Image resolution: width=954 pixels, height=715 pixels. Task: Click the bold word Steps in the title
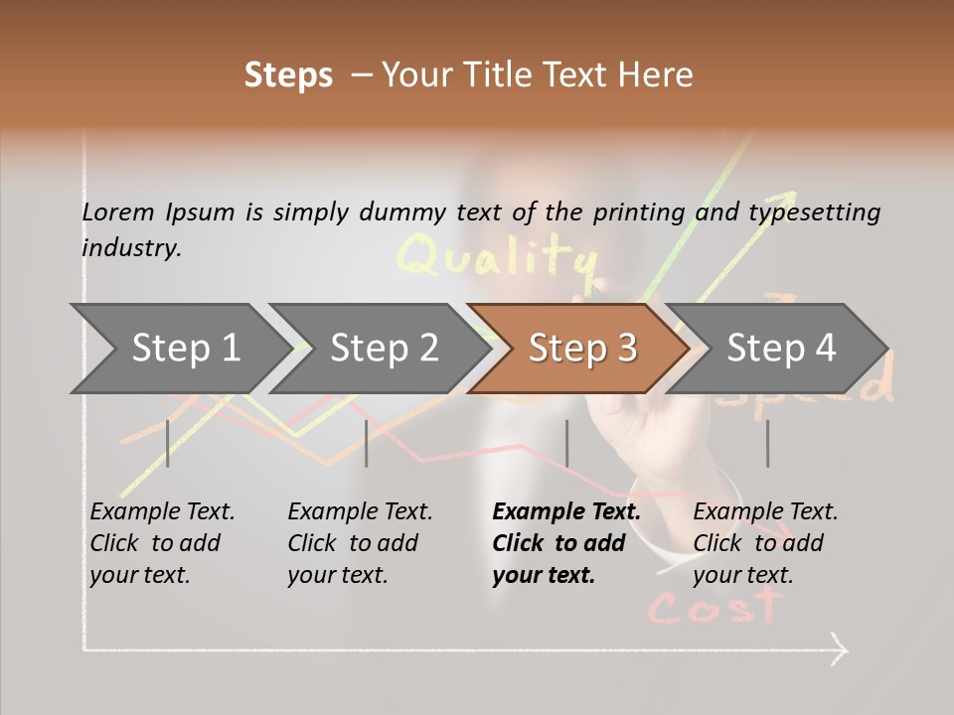click(x=288, y=75)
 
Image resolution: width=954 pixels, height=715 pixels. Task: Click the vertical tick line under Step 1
click(x=168, y=443)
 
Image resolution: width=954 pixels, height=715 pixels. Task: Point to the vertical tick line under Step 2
click(x=367, y=443)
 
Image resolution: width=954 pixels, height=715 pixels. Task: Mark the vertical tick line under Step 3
click(x=566, y=443)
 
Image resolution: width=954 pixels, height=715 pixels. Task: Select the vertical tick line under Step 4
click(x=767, y=443)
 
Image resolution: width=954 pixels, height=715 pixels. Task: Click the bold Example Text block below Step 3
click(x=566, y=543)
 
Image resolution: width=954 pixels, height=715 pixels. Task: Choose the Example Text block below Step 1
click(x=162, y=543)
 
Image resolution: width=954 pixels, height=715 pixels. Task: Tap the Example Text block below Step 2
click(x=360, y=543)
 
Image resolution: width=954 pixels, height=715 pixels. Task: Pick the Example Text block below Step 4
click(x=765, y=543)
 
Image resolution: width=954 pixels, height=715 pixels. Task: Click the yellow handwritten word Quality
click(x=497, y=256)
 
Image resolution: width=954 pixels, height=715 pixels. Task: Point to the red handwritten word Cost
click(x=715, y=604)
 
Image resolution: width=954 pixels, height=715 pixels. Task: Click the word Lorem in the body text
click(x=118, y=212)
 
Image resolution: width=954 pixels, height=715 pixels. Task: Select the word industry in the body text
click(x=131, y=247)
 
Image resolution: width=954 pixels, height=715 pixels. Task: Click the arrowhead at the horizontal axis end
click(x=840, y=651)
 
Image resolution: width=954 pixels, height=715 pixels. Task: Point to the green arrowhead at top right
click(x=787, y=199)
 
